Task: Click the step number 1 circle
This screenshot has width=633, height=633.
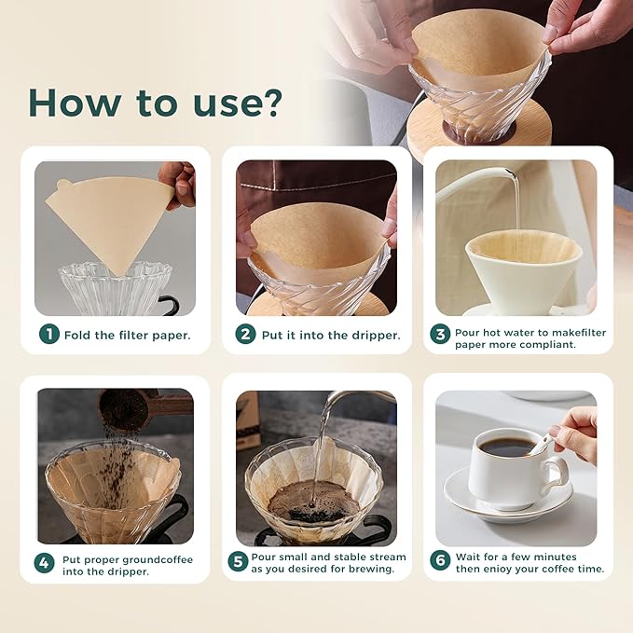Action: click(48, 334)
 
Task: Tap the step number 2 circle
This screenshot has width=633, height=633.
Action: click(245, 334)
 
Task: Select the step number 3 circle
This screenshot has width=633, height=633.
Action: click(439, 334)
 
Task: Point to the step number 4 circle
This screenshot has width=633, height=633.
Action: click(44, 562)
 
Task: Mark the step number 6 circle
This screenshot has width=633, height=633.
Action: click(439, 562)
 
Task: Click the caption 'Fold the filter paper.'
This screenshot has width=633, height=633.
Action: click(127, 334)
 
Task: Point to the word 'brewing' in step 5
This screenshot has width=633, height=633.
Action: click(365, 569)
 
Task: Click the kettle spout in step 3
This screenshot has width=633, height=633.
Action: click(503, 173)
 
